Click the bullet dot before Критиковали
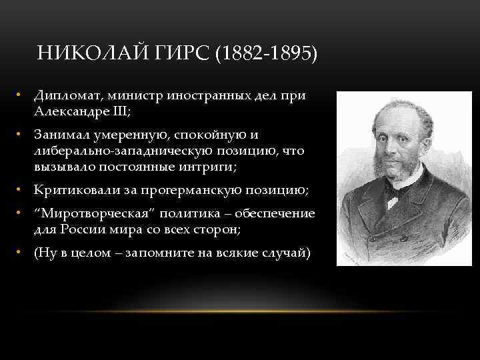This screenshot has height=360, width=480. coord(21,191)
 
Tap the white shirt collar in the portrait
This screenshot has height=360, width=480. coord(395,187)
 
